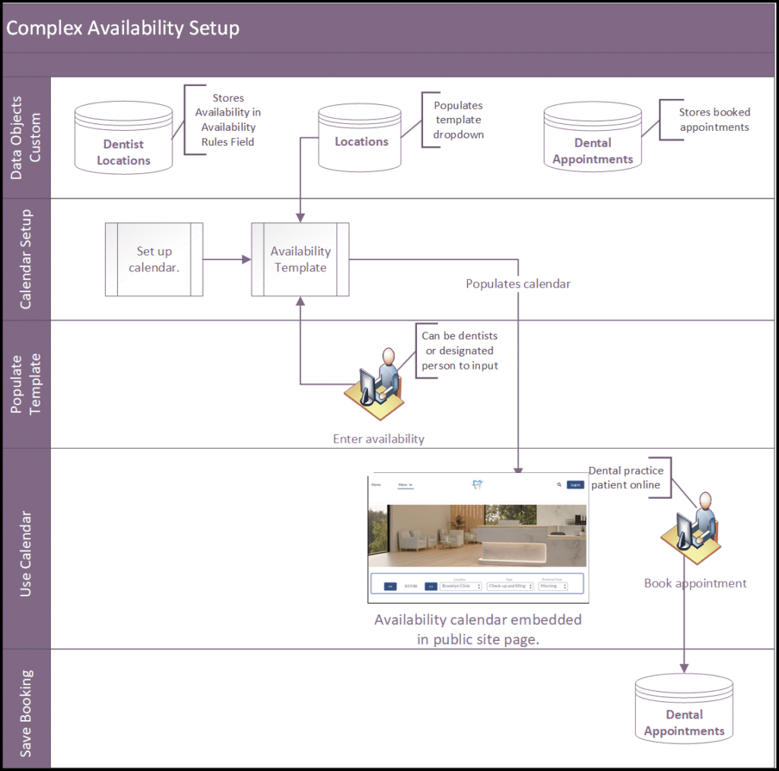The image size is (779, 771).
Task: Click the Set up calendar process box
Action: click(154, 259)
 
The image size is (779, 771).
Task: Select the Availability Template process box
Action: click(300, 259)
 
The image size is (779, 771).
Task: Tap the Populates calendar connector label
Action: click(518, 284)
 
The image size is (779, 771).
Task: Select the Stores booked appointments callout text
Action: click(714, 120)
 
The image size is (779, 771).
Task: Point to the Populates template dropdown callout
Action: click(458, 120)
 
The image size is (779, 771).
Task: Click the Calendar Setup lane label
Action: click(26, 260)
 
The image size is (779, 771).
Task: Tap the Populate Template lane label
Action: click(26, 384)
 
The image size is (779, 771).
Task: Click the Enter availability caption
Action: click(378, 439)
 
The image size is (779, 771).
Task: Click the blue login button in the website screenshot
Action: click(576, 485)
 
